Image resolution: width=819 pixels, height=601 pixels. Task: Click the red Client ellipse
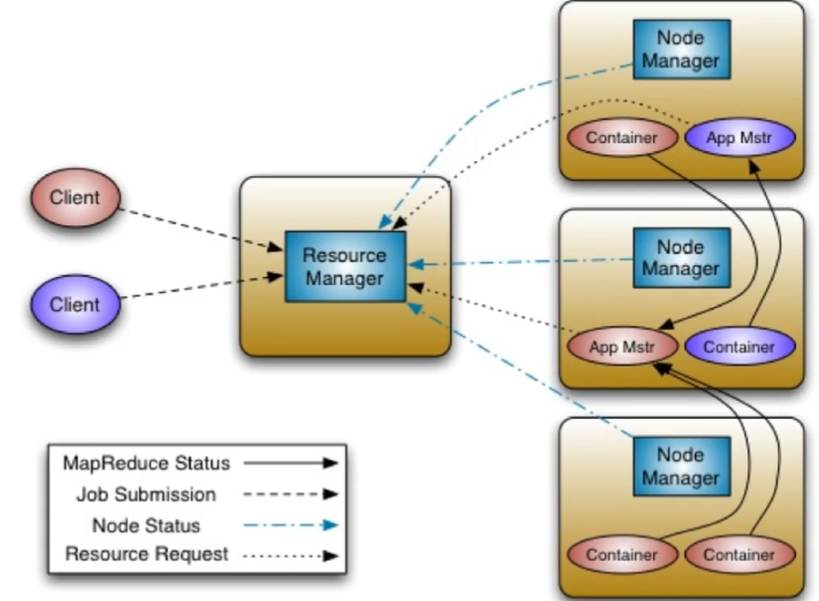click(74, 198)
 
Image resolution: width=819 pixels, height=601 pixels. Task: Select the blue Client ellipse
click(74, 304)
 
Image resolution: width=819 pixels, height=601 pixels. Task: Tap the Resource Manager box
click(344, 267)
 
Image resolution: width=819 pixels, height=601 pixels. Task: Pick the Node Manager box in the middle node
click(680, 258)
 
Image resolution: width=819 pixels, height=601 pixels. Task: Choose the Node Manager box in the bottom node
click(680, 467)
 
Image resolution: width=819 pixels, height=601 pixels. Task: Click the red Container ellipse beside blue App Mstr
click(622, 138)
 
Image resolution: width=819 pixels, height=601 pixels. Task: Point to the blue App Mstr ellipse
click(740, 138)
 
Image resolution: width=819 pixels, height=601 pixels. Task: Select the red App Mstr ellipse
click(622, 347)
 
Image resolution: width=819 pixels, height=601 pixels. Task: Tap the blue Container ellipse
click(740, 347)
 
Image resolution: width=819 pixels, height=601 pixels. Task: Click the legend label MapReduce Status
click(146, 462)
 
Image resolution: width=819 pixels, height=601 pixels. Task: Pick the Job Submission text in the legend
click(146, 494)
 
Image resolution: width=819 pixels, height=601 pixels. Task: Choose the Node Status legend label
click(146, 526)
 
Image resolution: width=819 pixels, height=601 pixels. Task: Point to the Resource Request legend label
click(146, 555)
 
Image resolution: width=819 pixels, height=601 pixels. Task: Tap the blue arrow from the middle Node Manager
click(521, 261)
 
